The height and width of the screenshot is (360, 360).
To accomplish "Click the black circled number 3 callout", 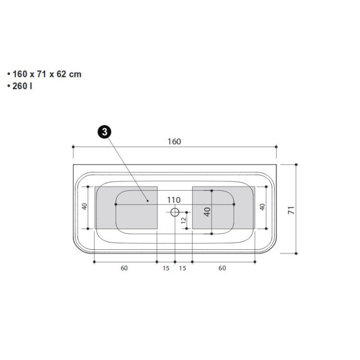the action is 104,132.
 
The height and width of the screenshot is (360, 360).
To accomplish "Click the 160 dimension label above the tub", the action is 174,141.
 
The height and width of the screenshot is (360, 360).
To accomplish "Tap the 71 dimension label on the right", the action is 291,210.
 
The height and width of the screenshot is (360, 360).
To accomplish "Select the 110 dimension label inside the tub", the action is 174,200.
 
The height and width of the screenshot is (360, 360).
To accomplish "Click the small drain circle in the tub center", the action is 175,212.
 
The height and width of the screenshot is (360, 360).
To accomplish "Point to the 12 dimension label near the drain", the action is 183,220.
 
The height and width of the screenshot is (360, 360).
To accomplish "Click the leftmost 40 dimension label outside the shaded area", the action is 85,207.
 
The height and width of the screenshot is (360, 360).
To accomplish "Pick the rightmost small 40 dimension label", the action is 262,207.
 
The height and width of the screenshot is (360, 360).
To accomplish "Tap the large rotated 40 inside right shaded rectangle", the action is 207,211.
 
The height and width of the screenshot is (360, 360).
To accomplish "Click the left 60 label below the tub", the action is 124,268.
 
